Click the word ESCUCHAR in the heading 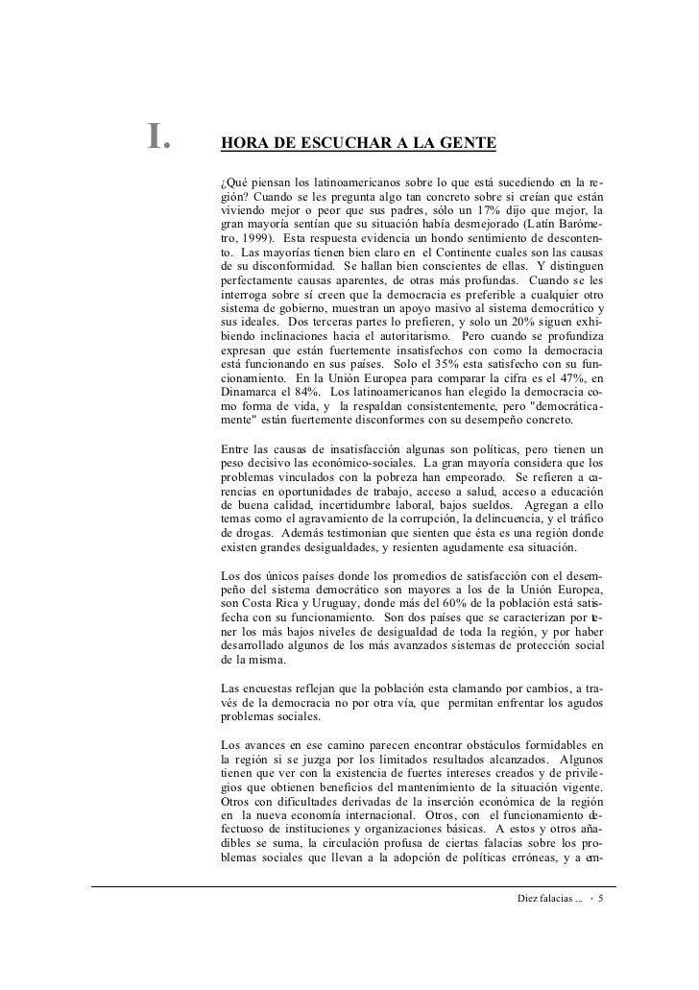(331, 145)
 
